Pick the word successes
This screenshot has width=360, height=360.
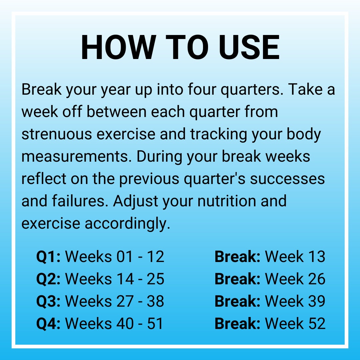(x=287, y=179)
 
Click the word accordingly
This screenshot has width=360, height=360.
(x=127, y=223)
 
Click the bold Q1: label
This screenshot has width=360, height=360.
(x=48, y=257)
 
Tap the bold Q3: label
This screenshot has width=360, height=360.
(x=48, y=301)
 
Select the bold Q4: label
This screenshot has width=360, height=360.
(x=48, y=324)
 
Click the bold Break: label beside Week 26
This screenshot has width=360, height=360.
(x=237, y=279)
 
